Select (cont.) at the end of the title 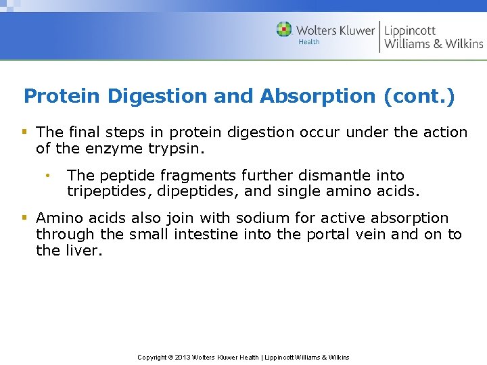pyautogui.click(x=419, y=96)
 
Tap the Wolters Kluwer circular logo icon pyautogui.click(x=285, y=29)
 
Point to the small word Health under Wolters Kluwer pyautogui.click(x=309, y=42)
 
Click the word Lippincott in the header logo pyautogui.click(x=410, y=30)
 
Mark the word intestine pyautogui.click(x=203, y=235)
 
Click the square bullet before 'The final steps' pyautogui.click(x=25, y=131)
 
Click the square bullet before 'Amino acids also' pyautogui.click(x=25, y=217)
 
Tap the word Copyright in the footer pyautogui.click(x=152, y=357)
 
